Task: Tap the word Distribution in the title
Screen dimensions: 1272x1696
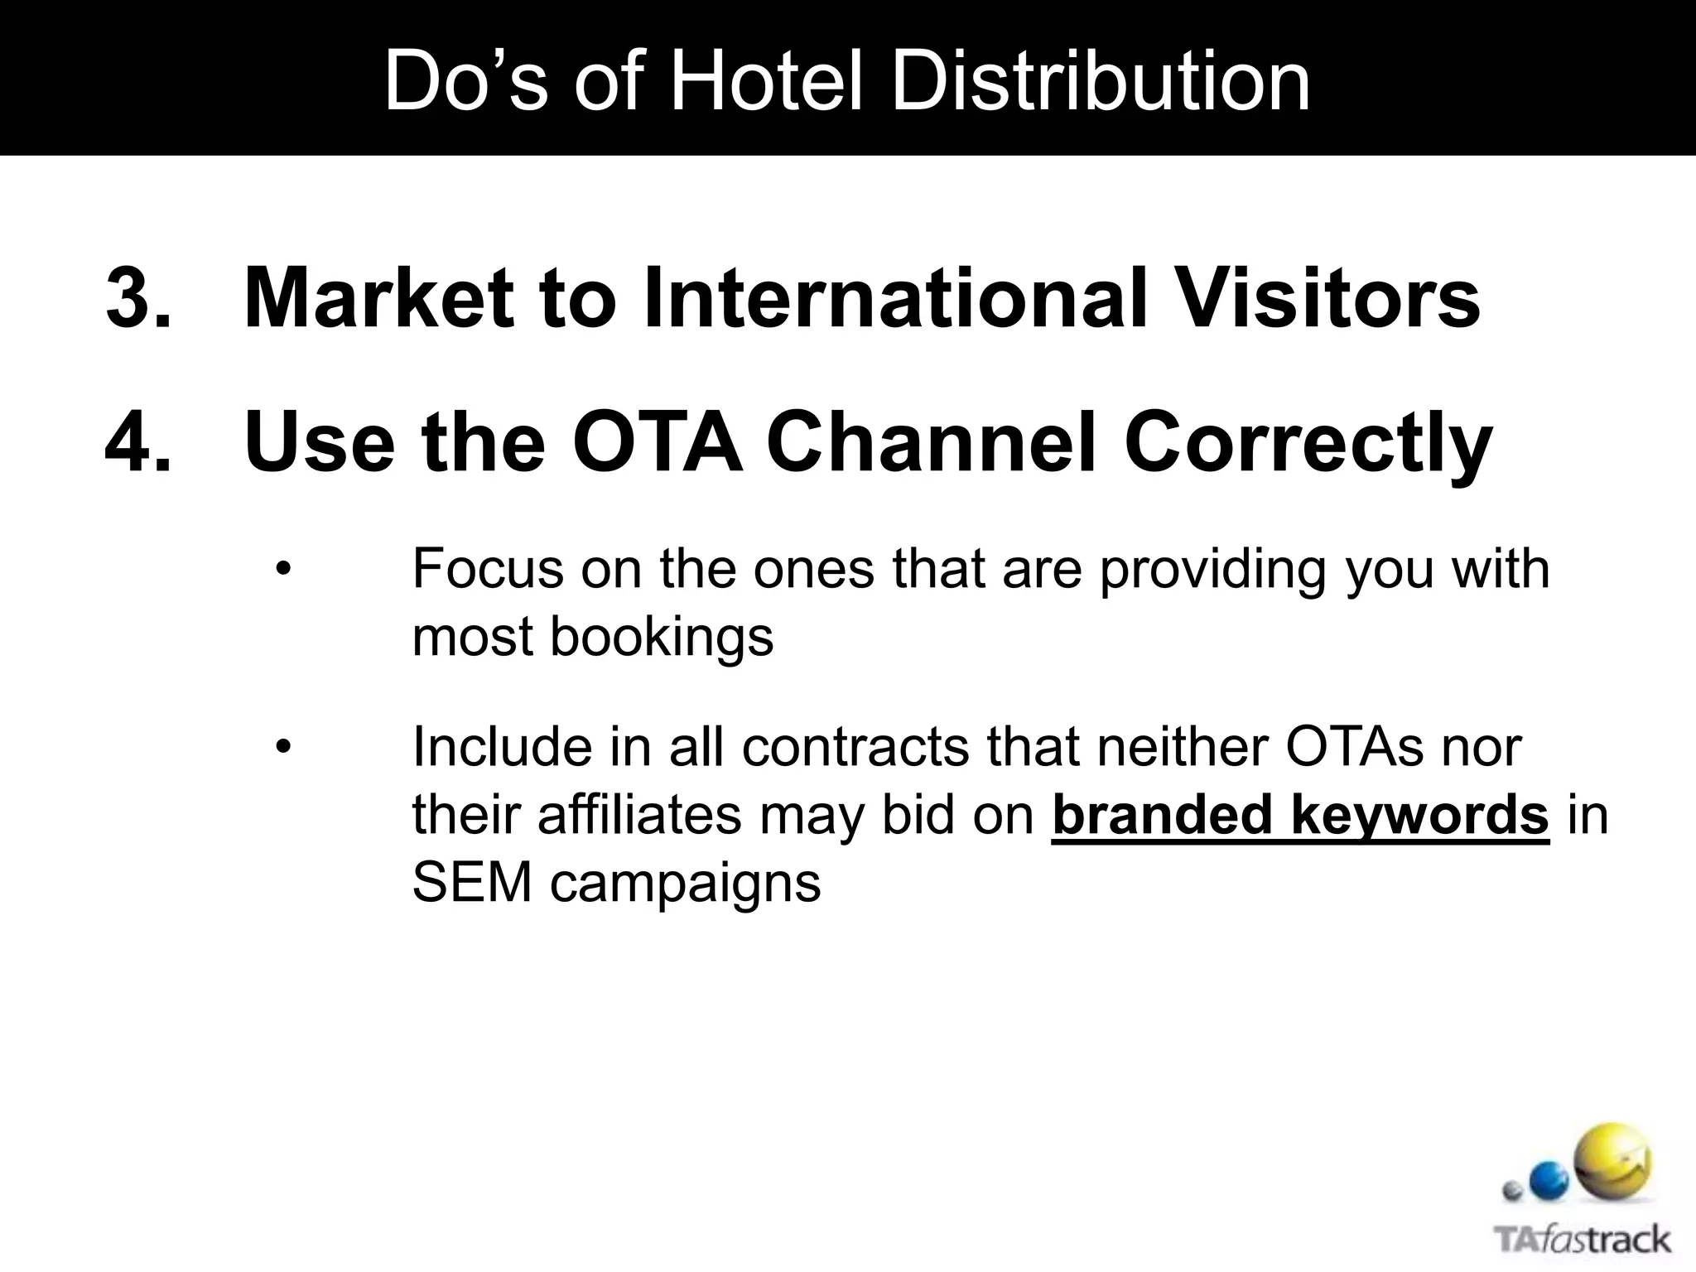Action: click(1101, 81)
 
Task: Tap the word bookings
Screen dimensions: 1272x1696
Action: click(662, 638)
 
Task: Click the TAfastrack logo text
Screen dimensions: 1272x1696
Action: click(1583, 1240)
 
